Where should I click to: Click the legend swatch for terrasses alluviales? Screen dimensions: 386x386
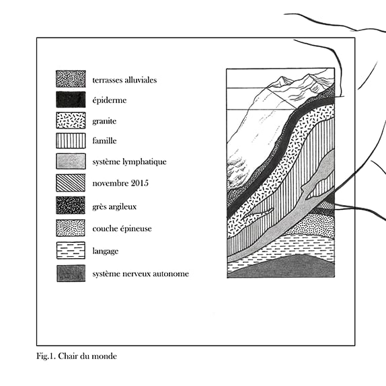pyautogui.click(x=71, y=79)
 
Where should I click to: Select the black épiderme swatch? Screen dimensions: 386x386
pyautogui.click(x=71, y=100)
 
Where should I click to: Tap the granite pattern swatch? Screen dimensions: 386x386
pyautogui.click(x=71, y=120)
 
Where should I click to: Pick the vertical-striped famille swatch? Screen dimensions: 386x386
pyautogui.click(x=71, y=141)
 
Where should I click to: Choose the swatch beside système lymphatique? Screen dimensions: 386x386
pyautogui.click(x=71, y=161)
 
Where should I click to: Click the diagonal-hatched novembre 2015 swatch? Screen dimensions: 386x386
pyautogui.click(x=71, y=183)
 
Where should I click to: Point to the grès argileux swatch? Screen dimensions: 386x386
pyautogui.click(x=71, y=205)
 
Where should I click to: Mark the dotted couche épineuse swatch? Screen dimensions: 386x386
pyautogui.click(x=71, y=228)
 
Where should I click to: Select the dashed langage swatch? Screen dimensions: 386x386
pyautogui.click(x=71, y=250)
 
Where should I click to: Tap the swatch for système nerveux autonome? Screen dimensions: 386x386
pyautogui.click(x=71, y=273)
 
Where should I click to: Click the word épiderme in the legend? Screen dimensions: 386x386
pyautogui.click(x=110, y=100)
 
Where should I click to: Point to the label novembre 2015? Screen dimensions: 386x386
pyautogui.click(x=120, y=183)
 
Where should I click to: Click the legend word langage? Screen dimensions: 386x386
pyautogui.click(x=106, y=252)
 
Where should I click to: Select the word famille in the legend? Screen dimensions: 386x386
pyautogui.click(x=104, y=141)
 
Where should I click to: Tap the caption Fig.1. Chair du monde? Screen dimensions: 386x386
pyautogui.click(x=77, y=356)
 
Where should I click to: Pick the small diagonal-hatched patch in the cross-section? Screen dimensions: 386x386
pyautogui.click(x=327, y=205)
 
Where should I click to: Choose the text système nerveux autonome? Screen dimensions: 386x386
pyautogui.click(x=141, y=274)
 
